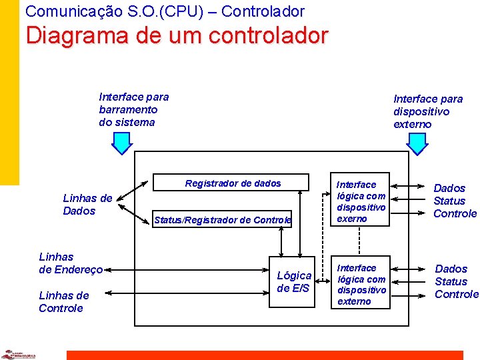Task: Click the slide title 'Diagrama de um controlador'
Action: click(x=177, y=36)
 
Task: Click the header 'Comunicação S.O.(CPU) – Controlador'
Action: click(x=165, y=11)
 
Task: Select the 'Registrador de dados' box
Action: click(x=233, y=183)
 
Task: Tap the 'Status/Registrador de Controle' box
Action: click(x=223, y=220)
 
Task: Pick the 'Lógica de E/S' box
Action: click(x=293, y=281)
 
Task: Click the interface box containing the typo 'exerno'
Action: click(x=361, y=201)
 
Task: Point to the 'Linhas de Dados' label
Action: click(x=87, y=205)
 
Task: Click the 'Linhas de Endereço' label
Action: click(x=71, y=263)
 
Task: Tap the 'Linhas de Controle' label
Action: click(x=64, y=302)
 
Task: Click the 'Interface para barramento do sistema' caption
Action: click(x=133, y=109)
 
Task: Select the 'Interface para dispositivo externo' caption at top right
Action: click(x=427, y=111)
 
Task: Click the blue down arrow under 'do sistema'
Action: click(x=122, y=143)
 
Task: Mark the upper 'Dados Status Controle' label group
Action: click(x=455, y=201)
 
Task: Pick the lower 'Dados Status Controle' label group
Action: click(x=456, y=281)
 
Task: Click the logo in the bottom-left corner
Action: click(x=18, y=354)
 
